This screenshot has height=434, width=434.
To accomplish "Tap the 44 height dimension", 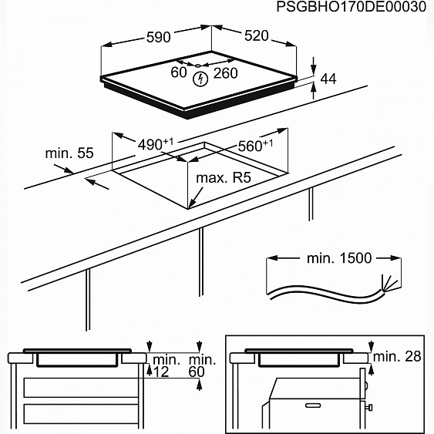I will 328,79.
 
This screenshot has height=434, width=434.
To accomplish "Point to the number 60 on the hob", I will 178,73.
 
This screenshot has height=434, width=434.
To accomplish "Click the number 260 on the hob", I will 225,73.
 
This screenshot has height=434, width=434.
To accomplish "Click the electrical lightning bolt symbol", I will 201,78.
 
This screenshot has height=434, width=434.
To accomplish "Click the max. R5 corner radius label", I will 224,178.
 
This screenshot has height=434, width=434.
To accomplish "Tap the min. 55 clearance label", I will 69,153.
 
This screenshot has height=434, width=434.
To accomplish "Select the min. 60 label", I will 202,366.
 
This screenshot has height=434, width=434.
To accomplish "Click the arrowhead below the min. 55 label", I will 90,182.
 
